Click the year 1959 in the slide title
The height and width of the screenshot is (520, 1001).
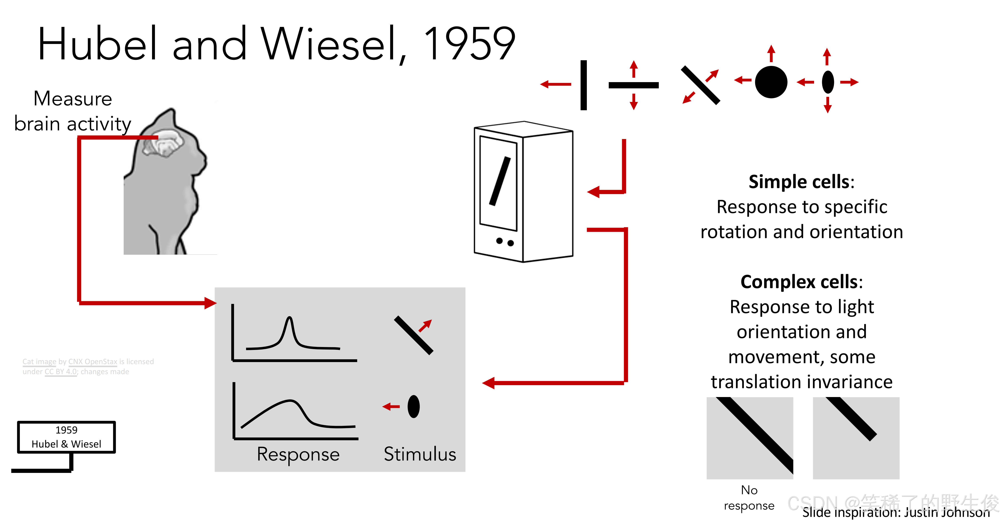469,44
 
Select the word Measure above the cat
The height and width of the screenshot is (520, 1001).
73,99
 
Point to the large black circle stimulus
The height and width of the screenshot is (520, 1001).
771,82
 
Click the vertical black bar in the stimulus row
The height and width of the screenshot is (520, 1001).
583,85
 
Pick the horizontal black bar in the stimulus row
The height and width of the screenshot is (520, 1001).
633,85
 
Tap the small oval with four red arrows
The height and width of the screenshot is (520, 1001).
828,82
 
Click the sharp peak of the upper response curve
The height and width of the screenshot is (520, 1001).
289,319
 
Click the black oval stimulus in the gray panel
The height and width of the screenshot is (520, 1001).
414,407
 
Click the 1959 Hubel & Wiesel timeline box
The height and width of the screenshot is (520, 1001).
67,437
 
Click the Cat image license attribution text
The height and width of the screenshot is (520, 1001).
88,366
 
